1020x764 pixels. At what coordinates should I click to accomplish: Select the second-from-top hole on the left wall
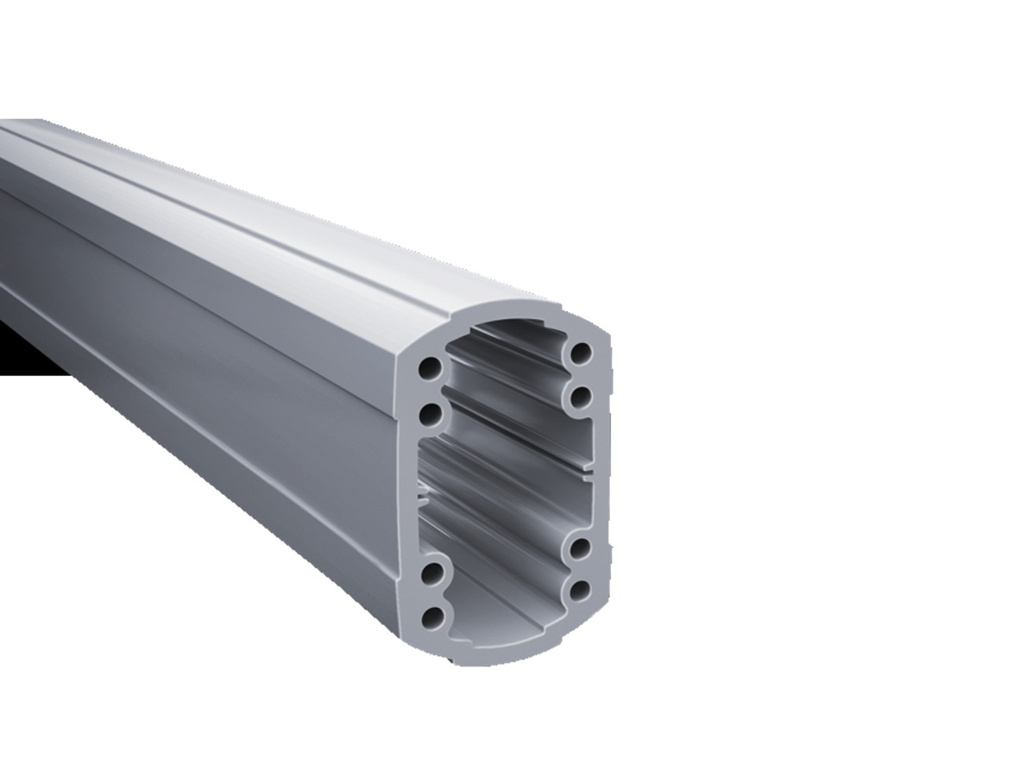(x=430, y=416)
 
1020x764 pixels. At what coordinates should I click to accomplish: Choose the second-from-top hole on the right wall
(x=580, y=397)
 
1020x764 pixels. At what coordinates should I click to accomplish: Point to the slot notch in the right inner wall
(x=588, y=472)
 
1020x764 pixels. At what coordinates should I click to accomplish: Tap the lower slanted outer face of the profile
(x=216, y=483)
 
